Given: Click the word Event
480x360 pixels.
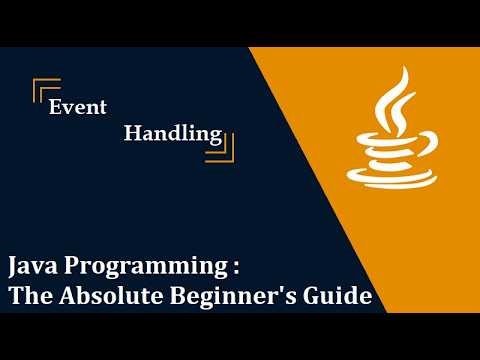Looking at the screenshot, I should click(x=78, y=108).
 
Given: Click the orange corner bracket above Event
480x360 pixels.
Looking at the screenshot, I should click(x=42, y=87).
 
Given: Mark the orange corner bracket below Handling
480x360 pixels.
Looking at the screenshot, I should click(x=223, y=151).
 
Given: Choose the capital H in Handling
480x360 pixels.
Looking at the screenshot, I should click(x=132, y=132).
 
